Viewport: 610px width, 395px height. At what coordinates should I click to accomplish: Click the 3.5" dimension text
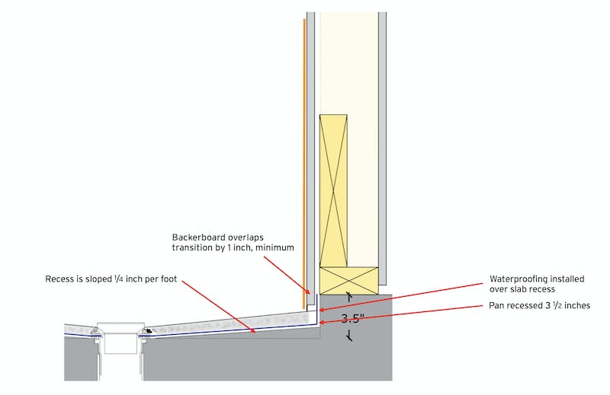352,319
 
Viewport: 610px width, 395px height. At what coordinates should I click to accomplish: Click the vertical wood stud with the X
333,191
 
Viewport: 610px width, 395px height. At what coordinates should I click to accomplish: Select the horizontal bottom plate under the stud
349,280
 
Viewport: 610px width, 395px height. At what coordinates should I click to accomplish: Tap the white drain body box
120,338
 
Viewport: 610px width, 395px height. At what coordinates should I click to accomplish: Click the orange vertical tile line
303,163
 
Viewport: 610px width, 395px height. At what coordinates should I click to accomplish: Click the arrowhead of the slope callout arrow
253,330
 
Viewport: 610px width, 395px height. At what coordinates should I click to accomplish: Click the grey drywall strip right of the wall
383,148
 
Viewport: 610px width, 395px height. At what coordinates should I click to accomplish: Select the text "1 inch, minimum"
261,247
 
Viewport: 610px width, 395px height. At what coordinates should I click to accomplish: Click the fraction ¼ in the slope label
118,279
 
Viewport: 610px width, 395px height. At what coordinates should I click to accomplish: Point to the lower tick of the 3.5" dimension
350,336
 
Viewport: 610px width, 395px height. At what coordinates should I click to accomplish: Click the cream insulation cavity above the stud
349,63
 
